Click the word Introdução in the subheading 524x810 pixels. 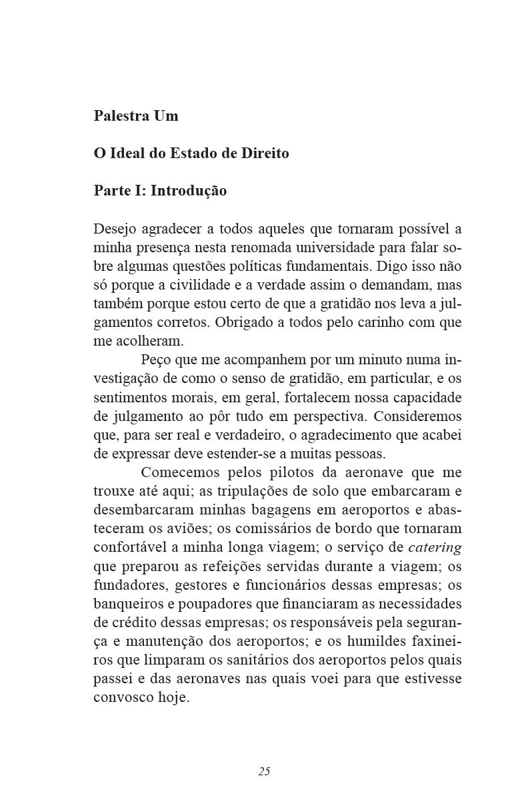click(189, 191)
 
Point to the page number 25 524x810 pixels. click(264, 771)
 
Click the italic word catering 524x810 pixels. click(435, 548)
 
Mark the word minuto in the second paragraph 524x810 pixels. click(369, 360)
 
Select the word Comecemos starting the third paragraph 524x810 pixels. click(178, 472)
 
